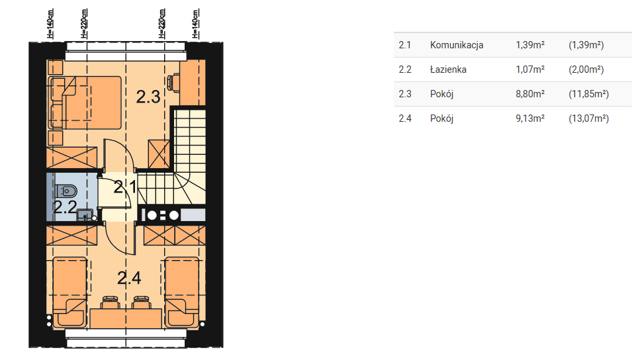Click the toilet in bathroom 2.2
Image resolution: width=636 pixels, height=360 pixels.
tap(67, 191)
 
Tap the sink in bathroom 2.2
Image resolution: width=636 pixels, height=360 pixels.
tap(85, 215)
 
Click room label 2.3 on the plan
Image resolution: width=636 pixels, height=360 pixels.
tap(148, 97)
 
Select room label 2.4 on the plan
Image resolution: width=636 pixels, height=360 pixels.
tap(129, 278)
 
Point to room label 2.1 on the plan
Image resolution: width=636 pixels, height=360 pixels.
tap(125, 187)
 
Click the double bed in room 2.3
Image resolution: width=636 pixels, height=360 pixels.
tap(85, 103)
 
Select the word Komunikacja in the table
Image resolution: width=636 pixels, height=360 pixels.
tap(457, 45)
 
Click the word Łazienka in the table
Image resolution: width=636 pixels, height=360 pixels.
tap(448, 69)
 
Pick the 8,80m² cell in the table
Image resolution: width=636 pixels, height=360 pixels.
tap(530, 94)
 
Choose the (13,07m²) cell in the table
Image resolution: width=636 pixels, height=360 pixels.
tap(588, 118)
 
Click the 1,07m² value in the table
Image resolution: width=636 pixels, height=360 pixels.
tap(530, 69)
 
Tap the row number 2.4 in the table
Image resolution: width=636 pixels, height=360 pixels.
tap(405, 118)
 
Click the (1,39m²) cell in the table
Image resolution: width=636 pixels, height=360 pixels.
tap(586, 45)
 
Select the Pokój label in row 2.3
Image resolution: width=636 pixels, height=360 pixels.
tap(441, 94)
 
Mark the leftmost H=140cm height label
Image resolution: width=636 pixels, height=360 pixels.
tap(50, 24)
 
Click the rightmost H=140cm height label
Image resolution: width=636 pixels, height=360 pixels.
tap(195, 24)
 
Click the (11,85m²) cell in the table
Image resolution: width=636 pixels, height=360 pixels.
tap(588, 94)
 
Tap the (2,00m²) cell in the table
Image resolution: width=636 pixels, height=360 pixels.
tap(586, 69)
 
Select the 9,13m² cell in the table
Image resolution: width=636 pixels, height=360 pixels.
tap(530, 118)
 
